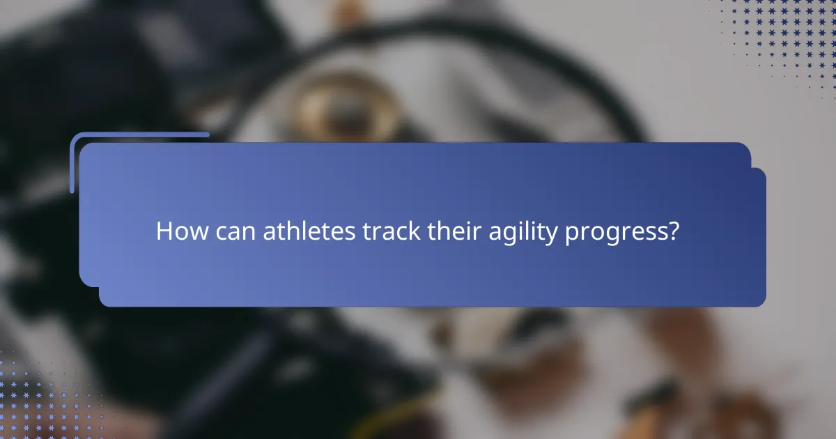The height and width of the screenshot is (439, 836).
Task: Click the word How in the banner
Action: click(179, 231)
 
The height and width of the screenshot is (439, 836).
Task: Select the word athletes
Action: click(309, 231)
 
